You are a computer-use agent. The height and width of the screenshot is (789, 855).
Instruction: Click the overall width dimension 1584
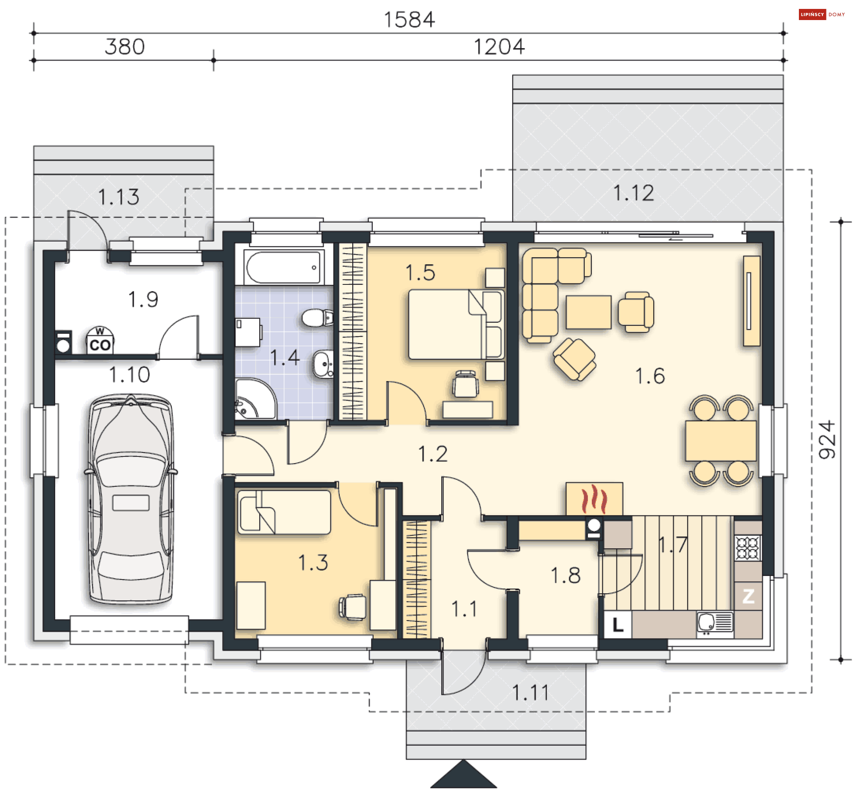pos(409,20)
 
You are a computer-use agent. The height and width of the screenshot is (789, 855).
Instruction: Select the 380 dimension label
pos(125,47)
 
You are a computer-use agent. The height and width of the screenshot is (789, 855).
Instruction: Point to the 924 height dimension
pos(827,440)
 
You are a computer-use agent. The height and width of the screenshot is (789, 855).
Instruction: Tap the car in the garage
pos(131,498)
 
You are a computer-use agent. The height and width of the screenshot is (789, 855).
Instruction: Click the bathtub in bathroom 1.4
pos(283,267)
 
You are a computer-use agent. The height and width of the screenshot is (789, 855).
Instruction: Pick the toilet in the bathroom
pos(317,318)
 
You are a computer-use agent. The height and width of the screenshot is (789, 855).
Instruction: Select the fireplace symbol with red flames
pos(594,499)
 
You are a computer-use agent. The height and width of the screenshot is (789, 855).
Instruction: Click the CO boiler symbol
pos(100,341)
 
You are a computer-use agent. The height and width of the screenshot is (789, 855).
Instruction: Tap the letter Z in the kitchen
pos(748,596)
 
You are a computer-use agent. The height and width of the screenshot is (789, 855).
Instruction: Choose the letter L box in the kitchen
pos(618,625)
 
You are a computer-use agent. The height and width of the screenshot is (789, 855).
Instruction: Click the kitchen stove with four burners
pos(748,548)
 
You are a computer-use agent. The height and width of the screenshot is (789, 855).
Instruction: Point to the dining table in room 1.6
pos(721,441)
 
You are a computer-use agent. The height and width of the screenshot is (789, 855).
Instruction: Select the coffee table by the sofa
pos(589,312)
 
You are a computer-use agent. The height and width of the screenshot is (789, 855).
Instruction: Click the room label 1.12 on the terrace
pos(634,193)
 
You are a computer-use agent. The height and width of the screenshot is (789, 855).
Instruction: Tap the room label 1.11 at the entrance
pos(530,692)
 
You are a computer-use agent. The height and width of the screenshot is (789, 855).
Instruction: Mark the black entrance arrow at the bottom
pos(463,774)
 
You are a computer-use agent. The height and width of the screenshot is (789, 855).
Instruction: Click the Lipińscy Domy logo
pos(822,14)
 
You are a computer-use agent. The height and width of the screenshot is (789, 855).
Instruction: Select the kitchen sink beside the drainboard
pos(706,621)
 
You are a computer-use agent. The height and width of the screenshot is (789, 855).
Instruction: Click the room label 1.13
pos(118,197)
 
